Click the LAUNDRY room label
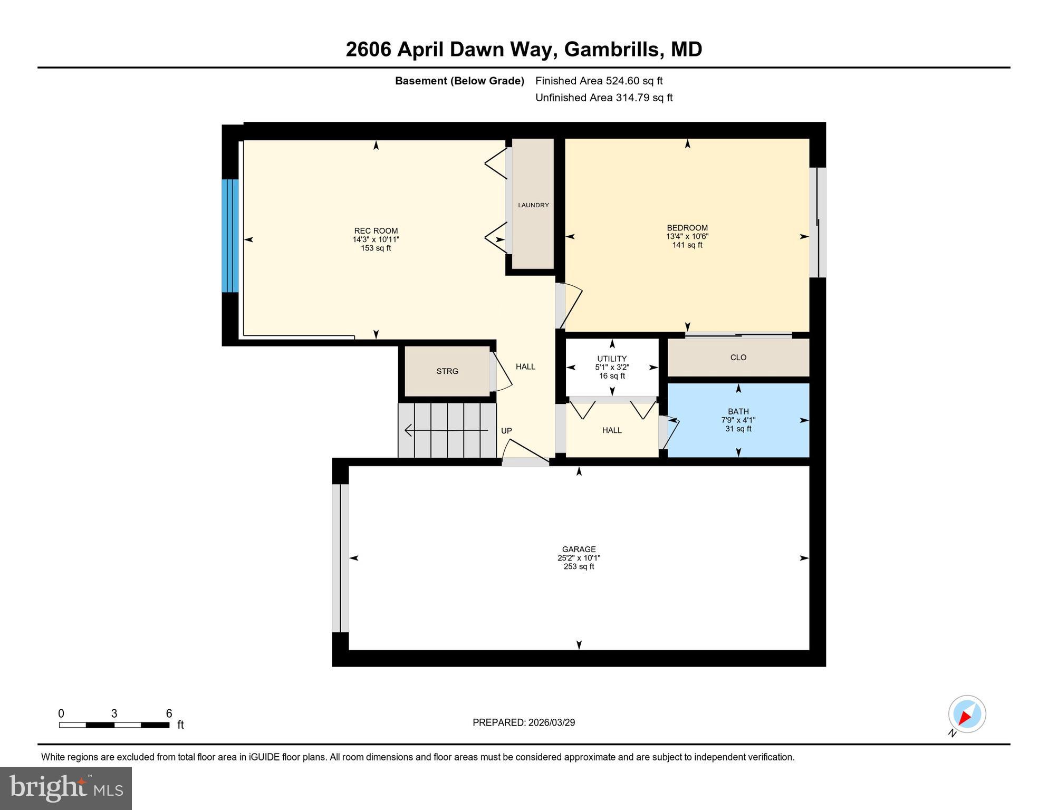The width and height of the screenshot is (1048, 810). (533, 205)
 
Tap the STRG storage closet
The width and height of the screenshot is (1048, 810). (447, 371)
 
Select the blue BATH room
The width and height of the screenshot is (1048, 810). (738, 420)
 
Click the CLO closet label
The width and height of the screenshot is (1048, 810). (738, 358)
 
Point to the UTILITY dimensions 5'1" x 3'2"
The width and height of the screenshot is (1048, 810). (612, 368)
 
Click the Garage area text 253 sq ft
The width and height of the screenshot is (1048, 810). (579, 567)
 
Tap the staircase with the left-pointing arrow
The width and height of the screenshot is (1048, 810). (447, 430)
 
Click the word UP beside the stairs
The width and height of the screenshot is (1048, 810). (506, 431)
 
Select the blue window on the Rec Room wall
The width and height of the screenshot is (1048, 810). (230, 236)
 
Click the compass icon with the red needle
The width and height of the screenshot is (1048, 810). (967, 715)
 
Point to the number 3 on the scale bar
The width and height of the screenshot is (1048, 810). (114, 713)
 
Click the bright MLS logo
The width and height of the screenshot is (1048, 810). (66, 788)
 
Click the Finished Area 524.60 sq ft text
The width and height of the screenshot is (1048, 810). (599, 81)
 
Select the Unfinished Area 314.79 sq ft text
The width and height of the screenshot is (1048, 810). (603, 98)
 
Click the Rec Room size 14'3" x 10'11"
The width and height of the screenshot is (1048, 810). (376, 239)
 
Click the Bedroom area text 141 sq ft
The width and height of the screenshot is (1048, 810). (687, 245)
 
